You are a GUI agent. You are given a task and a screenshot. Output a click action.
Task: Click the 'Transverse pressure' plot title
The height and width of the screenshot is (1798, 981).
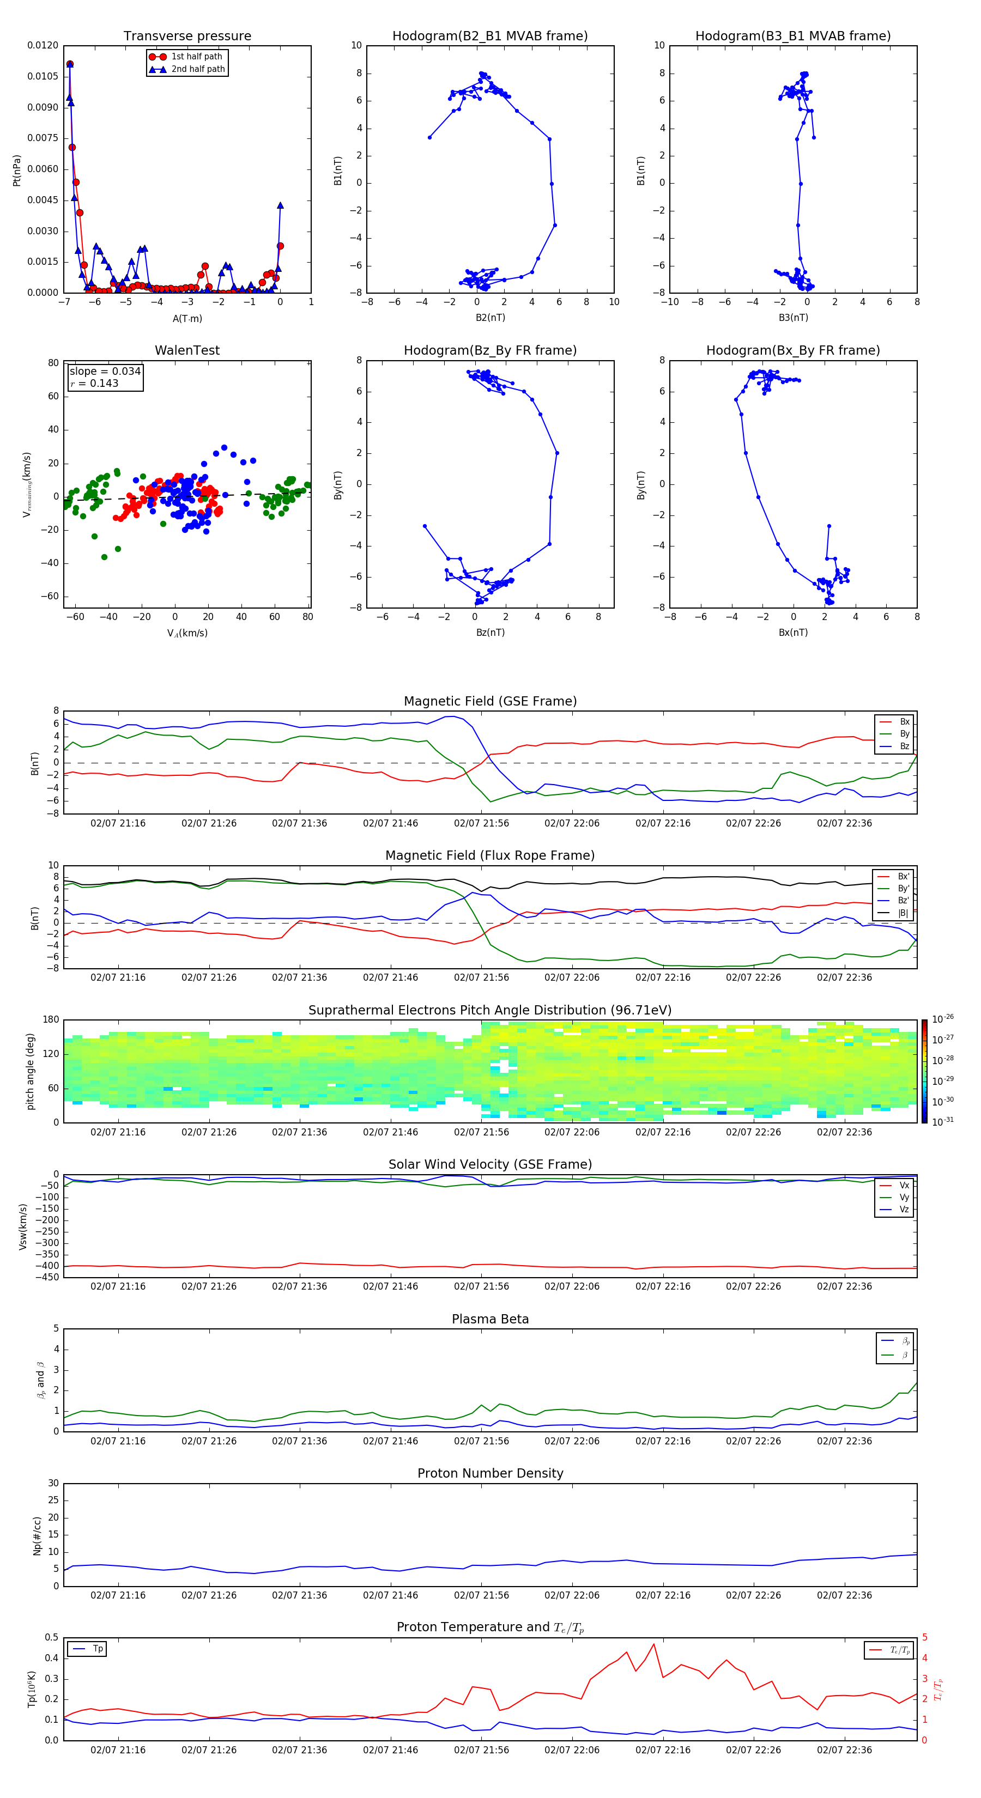tap(187, 37)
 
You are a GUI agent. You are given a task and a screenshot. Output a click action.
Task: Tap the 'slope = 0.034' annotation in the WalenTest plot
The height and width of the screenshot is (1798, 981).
tap(105, 372)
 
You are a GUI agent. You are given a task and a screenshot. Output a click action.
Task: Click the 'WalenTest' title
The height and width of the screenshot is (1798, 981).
tap(187, 350)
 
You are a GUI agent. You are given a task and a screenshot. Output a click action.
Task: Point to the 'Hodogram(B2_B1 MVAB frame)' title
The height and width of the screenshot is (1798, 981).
tap(489, 37)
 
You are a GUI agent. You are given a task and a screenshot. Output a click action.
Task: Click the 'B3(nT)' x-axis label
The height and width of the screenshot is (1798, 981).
tap(793, 318)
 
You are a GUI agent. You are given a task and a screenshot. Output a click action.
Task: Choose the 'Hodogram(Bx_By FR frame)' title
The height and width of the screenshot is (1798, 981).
tap(792, 350)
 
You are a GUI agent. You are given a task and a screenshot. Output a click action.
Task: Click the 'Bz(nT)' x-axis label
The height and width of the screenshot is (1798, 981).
tap(490, 633)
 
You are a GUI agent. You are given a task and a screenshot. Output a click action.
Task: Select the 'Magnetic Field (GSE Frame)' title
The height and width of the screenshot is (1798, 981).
tap(490, 701)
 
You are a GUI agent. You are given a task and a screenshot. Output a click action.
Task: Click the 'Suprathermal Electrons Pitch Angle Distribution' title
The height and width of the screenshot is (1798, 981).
tap(490, 1010)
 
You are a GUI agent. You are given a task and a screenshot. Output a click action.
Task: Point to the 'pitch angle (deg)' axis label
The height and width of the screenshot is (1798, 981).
tap(30, 1071)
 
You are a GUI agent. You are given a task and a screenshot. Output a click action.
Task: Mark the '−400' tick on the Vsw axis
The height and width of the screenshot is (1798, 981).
tap(48, 1266)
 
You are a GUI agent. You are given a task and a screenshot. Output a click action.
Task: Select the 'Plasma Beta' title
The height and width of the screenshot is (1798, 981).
tap(490, 1319)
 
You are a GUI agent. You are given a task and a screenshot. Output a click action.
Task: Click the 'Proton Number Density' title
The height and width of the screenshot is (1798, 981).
tap(490, 1473)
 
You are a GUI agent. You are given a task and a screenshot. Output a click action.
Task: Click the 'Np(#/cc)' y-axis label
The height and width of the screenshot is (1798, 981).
tap(37, 1535)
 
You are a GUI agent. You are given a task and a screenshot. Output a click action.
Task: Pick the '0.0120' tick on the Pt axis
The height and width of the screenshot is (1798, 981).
tap(43, 45)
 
